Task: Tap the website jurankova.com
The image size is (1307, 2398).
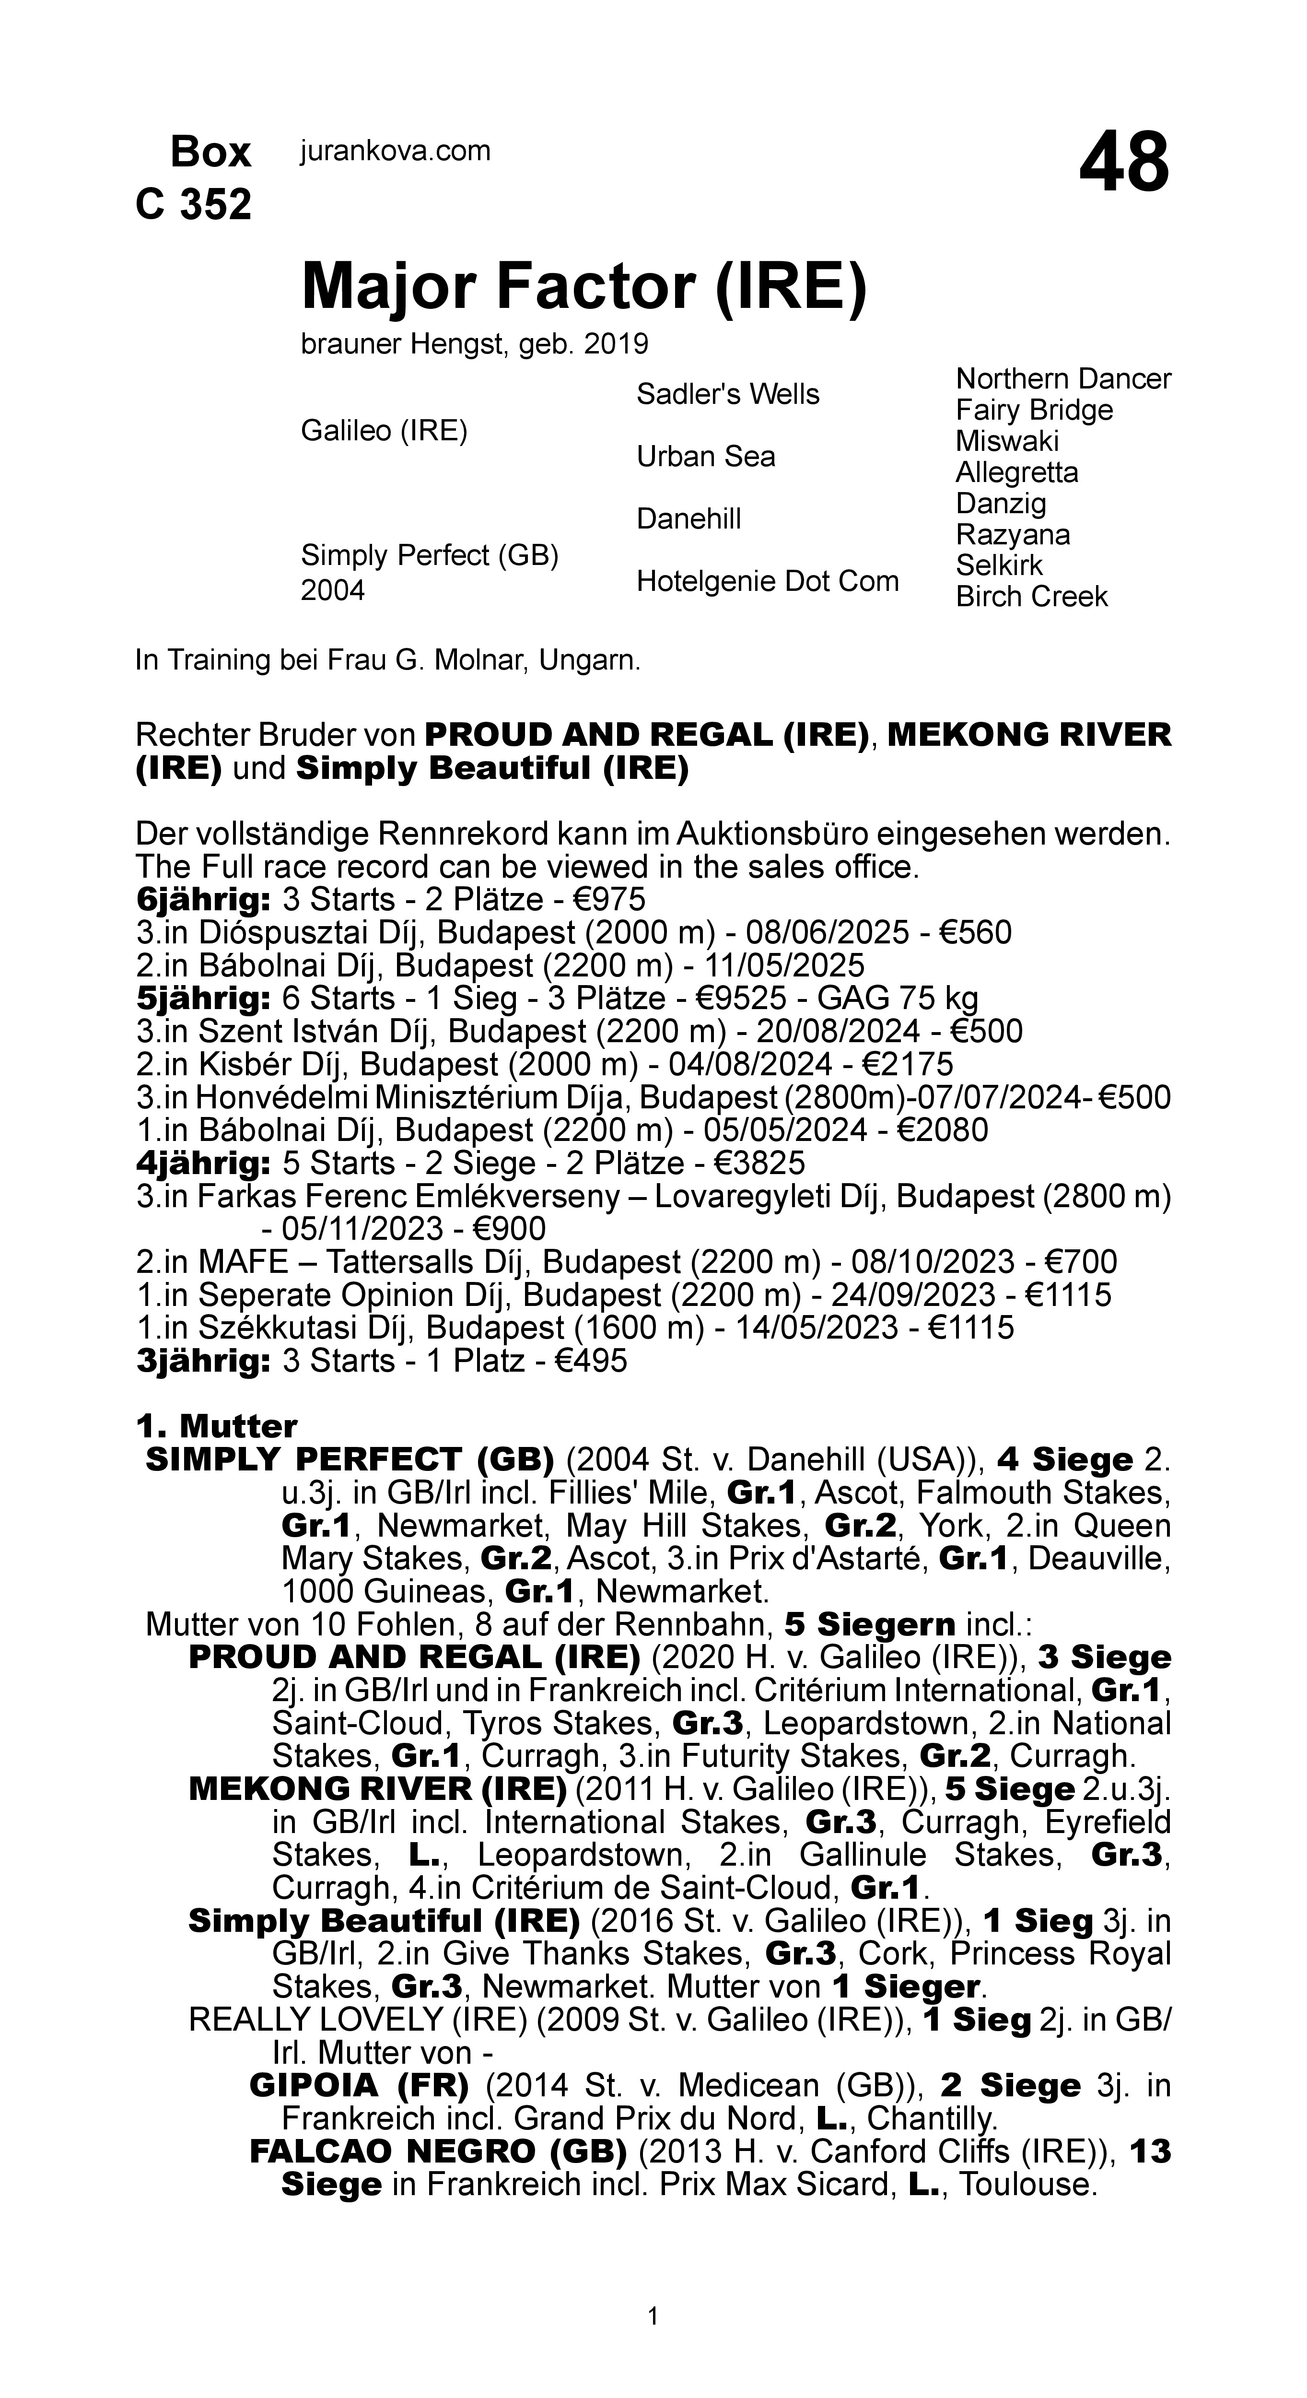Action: pos(395,151)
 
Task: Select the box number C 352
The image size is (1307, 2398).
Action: pos(194,204)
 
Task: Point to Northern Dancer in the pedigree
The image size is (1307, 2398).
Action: pos(1062,379)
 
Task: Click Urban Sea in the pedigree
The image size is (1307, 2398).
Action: pos(706,456)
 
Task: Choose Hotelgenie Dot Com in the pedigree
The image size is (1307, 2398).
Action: pos(767,581)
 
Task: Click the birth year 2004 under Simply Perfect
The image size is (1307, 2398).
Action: pos(332,590)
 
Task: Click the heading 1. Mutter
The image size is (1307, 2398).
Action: pos(216,1426)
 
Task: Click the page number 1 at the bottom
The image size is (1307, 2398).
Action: pos(653,2315)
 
